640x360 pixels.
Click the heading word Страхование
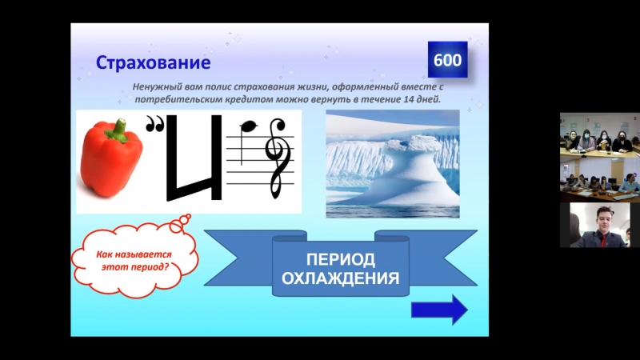tap(153, 62)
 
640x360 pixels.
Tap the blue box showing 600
tap(447, 59)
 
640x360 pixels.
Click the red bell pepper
tap(111, 158)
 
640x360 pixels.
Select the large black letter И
tap(194, 158)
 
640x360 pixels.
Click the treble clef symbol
tap(277, 157)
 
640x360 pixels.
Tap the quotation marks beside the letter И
tap(155, 124)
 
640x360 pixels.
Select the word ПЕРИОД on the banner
tap(341, 259)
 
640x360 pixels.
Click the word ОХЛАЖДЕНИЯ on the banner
tap(341, 278)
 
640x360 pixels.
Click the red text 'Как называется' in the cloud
tap(134, 254)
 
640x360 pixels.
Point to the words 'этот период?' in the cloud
tap(135, 267)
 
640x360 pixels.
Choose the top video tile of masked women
tap(599, 134)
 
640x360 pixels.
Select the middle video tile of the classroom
tap(599, 179)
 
